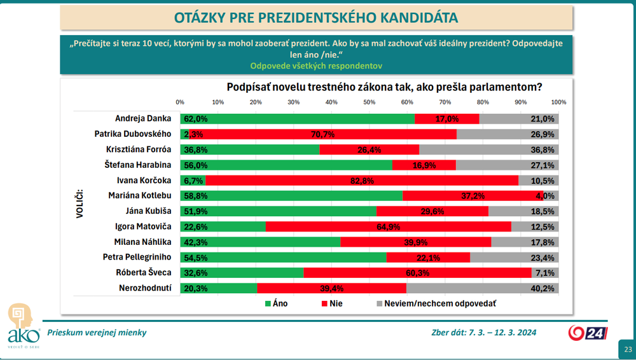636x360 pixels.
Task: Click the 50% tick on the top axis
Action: pyautogui.click(x=369, y=102)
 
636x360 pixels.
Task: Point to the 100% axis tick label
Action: pyautogui.click(x=558, y=102)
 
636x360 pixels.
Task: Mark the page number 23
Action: pyautogui.click(x=628, y=350)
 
